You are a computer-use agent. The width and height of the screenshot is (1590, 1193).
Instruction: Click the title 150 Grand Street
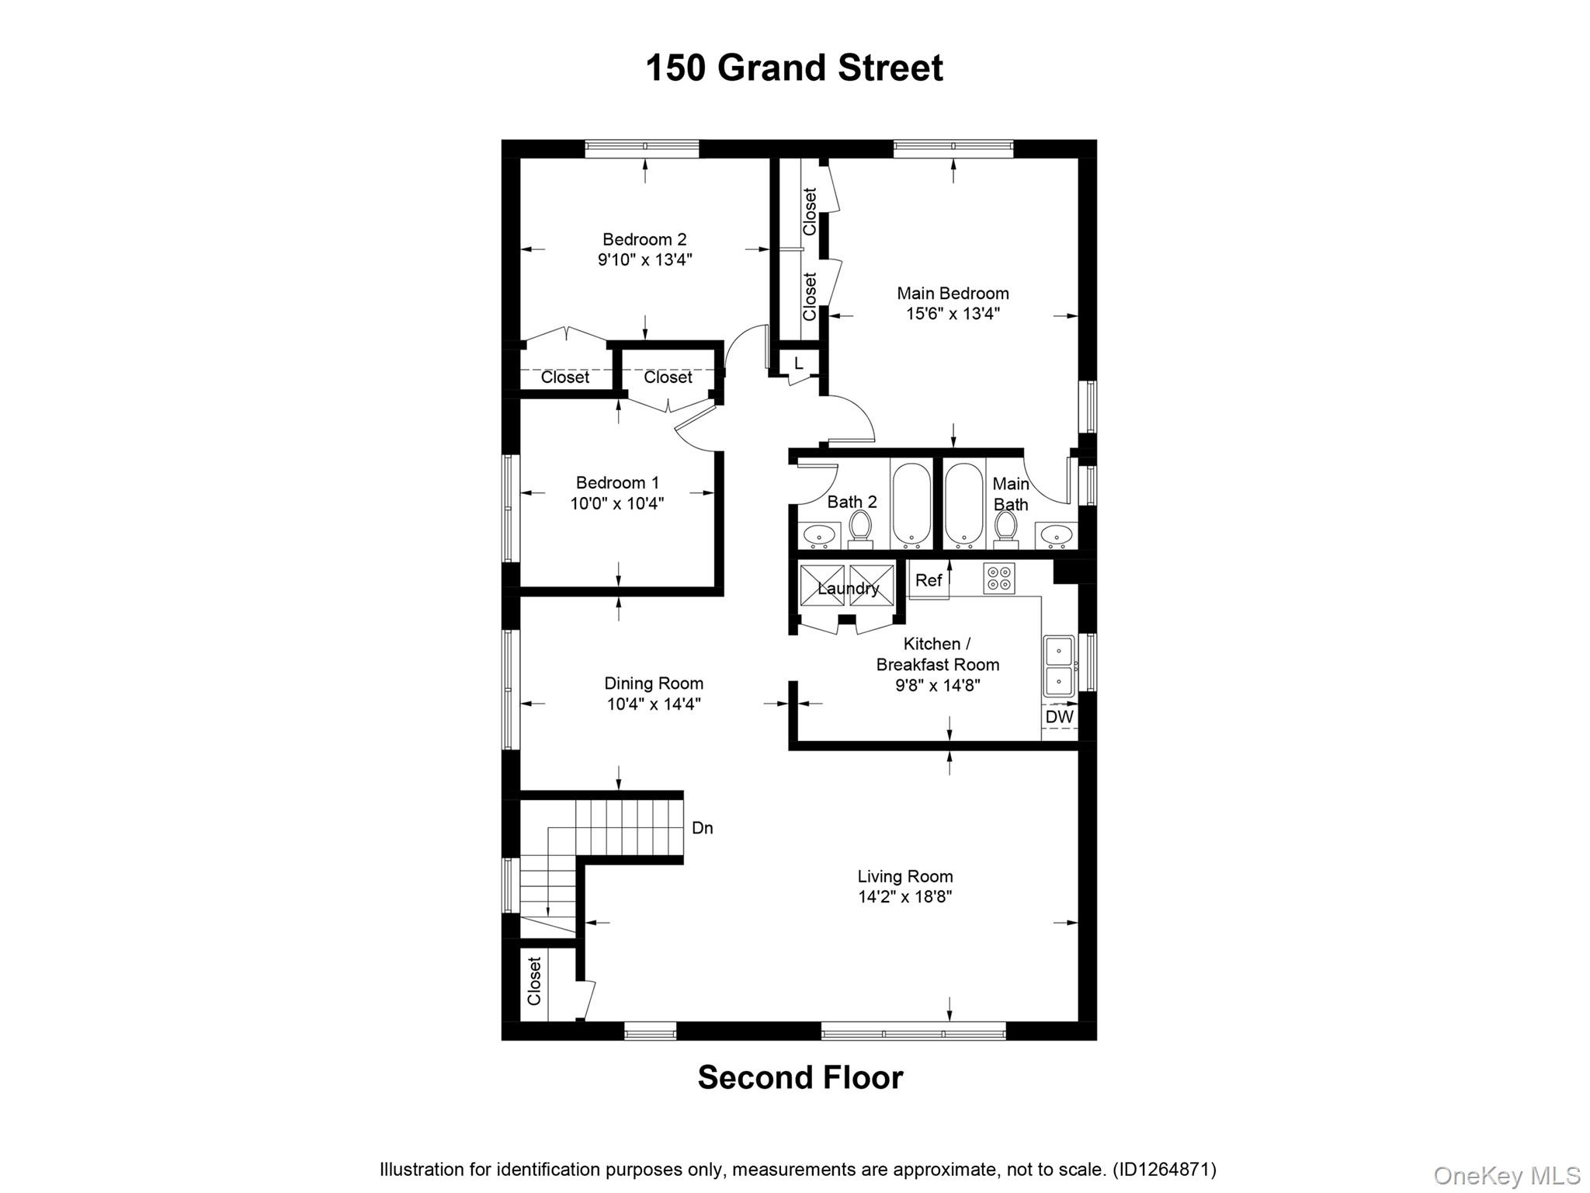794,68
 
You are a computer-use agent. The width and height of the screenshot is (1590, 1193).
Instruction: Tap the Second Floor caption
800,1077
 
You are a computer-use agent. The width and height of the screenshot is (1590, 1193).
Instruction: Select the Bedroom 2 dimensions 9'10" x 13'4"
644,259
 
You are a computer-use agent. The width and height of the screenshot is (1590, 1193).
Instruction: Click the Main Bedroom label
953,293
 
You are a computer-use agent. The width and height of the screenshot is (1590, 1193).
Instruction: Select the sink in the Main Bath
1056,534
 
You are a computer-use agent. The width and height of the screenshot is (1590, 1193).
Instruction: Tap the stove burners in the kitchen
999,579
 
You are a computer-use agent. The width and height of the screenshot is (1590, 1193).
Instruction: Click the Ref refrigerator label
929,580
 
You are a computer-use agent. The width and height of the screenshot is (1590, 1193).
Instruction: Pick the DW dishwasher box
1059,717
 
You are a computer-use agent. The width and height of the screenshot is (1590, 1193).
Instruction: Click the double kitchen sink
1058,666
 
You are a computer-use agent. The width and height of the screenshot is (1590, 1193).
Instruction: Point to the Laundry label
848,588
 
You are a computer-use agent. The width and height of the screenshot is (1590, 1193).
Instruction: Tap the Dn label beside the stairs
702,828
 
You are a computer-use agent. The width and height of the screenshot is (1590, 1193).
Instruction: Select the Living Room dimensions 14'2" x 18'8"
905,897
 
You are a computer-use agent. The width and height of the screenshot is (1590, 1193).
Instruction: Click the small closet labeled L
798,363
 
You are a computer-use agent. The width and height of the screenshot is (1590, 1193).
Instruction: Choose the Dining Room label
654,683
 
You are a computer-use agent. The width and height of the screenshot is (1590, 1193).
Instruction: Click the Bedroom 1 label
617,482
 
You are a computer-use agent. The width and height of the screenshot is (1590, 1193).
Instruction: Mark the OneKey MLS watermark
1507,1175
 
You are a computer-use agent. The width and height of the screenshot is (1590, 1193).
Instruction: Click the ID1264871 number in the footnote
1164,1169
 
